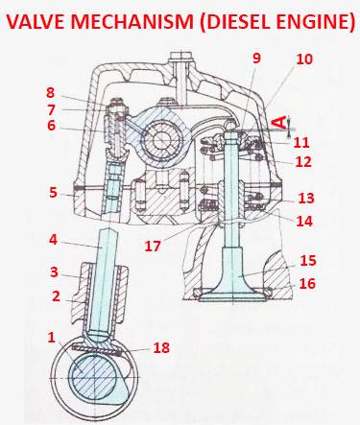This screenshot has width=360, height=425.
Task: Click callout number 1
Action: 51,338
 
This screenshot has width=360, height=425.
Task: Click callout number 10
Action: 304,59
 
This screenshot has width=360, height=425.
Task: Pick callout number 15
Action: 306,259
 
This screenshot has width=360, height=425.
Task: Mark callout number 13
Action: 306,199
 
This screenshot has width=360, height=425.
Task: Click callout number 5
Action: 54,193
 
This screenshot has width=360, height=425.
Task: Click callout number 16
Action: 306,284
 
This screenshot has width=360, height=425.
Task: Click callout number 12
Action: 303,162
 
